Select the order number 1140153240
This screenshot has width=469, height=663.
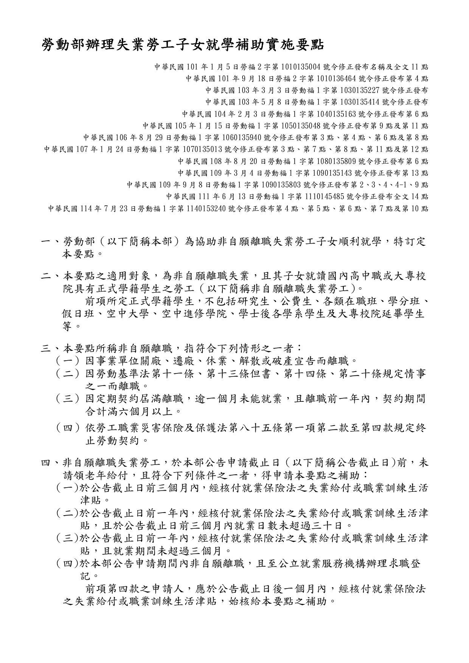coord(206,208)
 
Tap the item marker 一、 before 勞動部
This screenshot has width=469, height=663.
coord(51,242)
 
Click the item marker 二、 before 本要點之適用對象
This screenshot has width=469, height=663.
coord(51,276)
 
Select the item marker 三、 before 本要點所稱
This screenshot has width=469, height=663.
coord(51,348)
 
